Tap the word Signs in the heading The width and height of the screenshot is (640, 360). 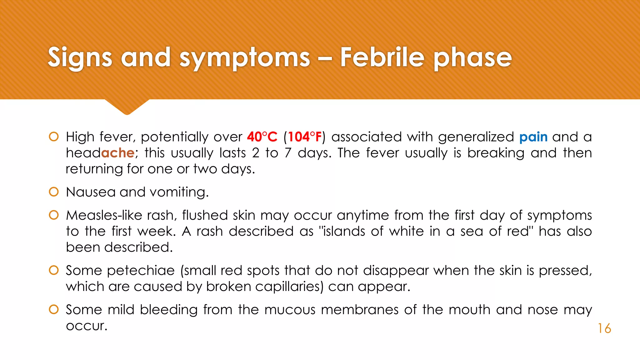point(80,58)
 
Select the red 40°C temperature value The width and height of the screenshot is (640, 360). point(262,137)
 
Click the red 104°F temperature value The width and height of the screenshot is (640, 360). point(305,137)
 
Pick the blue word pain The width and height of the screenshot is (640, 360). point(533,137)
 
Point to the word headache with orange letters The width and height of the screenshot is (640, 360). point(100,153)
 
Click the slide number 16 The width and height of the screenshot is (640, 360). point(604,328)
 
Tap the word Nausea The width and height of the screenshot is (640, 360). point(91,192)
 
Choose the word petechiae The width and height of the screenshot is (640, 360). point(141,271)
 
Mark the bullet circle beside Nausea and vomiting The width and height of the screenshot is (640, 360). point(54,192)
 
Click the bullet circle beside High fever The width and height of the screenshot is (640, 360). point(54,137)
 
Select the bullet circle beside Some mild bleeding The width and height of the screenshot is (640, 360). point(54,310)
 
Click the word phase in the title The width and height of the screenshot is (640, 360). point(472,58)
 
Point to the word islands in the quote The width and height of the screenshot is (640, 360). point(343,231)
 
